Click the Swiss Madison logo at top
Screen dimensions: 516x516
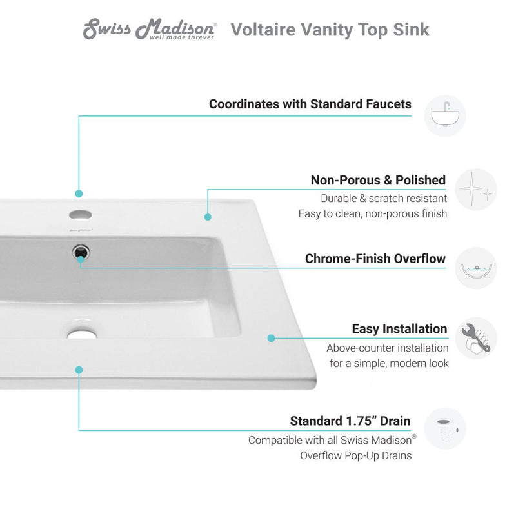150,30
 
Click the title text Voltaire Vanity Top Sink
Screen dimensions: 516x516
330,30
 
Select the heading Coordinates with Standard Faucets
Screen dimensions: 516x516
310,104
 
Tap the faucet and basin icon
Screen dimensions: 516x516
444,116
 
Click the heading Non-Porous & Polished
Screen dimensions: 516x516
378,180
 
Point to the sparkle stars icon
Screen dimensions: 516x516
476,190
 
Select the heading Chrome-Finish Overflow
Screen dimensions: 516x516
375,259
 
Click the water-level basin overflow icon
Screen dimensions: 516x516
476,268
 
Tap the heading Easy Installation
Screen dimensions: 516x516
399,329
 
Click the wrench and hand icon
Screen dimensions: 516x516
476,338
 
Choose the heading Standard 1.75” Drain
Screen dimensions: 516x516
350,421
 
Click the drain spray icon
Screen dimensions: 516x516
445,428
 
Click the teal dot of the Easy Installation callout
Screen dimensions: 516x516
272,337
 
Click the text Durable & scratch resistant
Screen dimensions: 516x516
383,198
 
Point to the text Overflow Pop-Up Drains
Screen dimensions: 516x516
355,455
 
